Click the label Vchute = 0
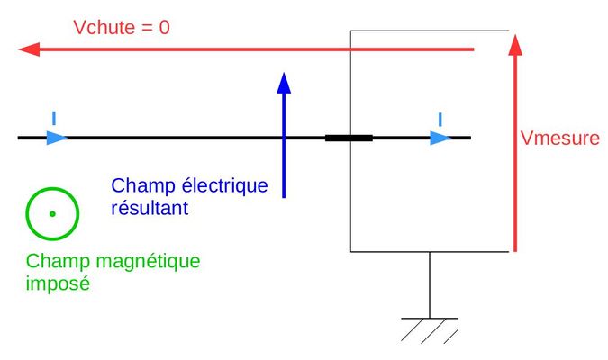point(121,27)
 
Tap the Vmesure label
point(559,139)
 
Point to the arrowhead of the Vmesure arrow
point(513,43)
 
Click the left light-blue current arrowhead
point(57,138)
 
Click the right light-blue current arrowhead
point(440,138)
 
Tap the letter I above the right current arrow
point(440,119)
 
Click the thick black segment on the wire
point(349,138)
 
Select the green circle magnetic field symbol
point(51,213)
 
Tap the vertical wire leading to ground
point(429,283)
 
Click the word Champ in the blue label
point(139,186)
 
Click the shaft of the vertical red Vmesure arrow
point(513,153)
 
